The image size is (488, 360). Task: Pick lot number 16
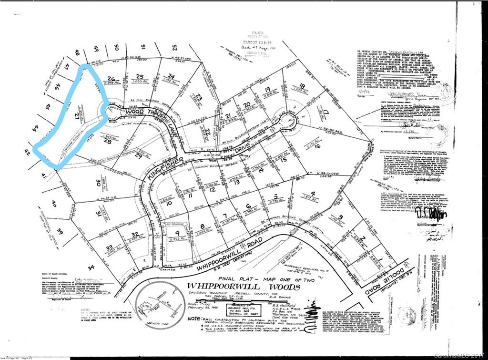tap(317, 146)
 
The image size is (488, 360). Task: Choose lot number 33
tap(109, 247)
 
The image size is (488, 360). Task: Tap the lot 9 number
tap(170, 233)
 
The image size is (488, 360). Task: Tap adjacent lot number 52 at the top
tap(174, 47)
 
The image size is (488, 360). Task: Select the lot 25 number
tap(140, 76)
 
